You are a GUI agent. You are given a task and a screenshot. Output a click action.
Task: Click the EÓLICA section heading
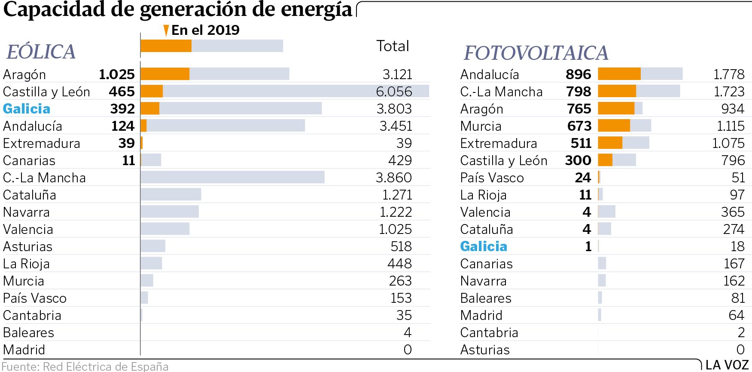click(x=41, y=52)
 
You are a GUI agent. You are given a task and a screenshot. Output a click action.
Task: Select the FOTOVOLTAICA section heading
click(x=536, y=53)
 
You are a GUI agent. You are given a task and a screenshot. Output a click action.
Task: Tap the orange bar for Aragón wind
click(x=165, y=74)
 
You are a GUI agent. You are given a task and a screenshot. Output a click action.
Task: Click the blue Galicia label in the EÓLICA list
click(x=27, y=109)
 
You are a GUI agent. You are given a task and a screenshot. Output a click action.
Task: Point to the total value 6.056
click(x=394, y=92)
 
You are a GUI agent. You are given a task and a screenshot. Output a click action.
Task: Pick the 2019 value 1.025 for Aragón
click(x=117, y=74)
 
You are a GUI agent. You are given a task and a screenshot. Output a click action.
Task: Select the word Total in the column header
click(x=393, y=46)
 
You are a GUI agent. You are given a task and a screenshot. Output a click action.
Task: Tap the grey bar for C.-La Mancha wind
click(x=232, y=177)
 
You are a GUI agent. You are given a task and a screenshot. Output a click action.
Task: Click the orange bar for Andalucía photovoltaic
click(x=619, y=74)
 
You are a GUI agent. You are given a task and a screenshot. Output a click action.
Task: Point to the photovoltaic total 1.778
click(x=729, y=74)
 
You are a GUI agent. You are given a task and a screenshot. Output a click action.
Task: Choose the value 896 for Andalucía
click(x=578, y=74)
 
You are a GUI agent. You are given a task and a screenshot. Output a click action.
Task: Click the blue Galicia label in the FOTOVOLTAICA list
click(x=484, y=246)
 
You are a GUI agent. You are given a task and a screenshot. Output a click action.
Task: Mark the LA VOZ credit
click(x=727, y=365)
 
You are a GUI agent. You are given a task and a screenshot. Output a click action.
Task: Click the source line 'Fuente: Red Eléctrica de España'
click(x=85, y=366)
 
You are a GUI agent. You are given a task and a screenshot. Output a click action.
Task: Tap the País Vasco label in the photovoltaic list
click(x=492, y=178)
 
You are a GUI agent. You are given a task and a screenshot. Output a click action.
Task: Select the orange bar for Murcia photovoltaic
click(x=614, y=126)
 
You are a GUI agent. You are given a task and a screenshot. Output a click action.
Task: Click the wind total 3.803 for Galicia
click(x=394, y=109)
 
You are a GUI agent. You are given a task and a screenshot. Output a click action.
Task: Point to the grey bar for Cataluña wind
click(x=170, y=194)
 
